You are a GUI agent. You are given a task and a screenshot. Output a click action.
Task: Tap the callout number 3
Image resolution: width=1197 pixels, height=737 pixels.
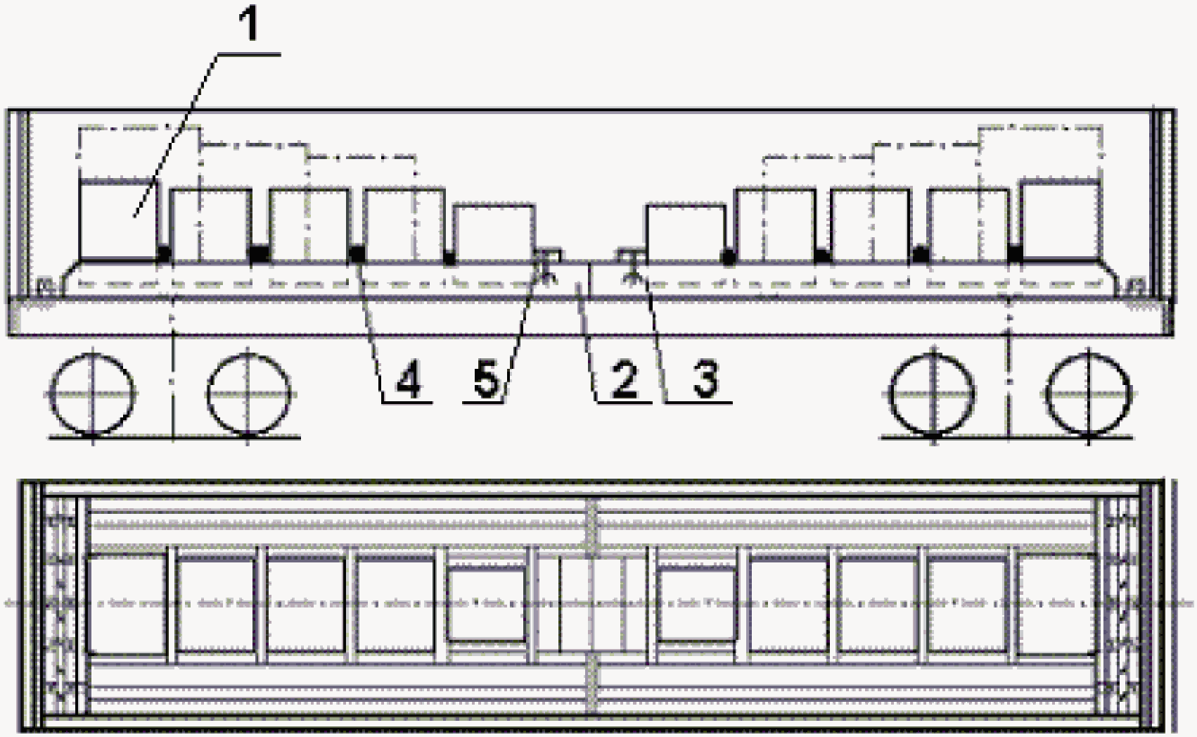(x=705, y=378)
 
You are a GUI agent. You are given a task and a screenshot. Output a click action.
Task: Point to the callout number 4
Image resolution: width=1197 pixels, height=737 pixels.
(x=409, y=379)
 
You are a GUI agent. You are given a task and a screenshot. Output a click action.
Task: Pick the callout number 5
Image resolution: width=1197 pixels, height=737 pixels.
(x=486, y=379)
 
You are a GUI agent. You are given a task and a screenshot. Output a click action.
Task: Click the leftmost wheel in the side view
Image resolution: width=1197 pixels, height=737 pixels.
(x=92, y=393)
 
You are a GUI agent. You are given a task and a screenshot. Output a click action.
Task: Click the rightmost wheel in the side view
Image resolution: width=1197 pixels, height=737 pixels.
(x=1089, y=393)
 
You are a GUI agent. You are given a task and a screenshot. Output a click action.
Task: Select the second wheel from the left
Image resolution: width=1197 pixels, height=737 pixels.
(x=248, y=393)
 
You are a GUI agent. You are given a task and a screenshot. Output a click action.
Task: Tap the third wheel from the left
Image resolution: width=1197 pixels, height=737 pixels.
(x=933, y=393)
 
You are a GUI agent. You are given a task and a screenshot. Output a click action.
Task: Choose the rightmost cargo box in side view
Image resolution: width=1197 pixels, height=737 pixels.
(x=1061, y=220)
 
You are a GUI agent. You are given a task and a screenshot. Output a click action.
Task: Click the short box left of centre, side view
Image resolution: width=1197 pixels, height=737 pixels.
(x=494, y=233)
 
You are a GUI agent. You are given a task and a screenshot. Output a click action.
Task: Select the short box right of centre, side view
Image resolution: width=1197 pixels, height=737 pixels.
(x=686, y=233)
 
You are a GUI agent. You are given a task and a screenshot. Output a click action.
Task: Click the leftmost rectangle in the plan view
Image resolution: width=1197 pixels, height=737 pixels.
(x=126, y=604)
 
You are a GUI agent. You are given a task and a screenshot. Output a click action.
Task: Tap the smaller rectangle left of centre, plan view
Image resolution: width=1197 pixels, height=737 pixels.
(x=486, y=604)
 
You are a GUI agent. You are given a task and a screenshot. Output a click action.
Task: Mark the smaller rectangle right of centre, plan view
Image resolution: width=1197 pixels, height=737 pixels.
(x=696, y=604)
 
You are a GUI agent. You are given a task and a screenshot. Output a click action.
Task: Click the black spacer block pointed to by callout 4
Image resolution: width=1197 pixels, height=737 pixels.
(x=357, y=253)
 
